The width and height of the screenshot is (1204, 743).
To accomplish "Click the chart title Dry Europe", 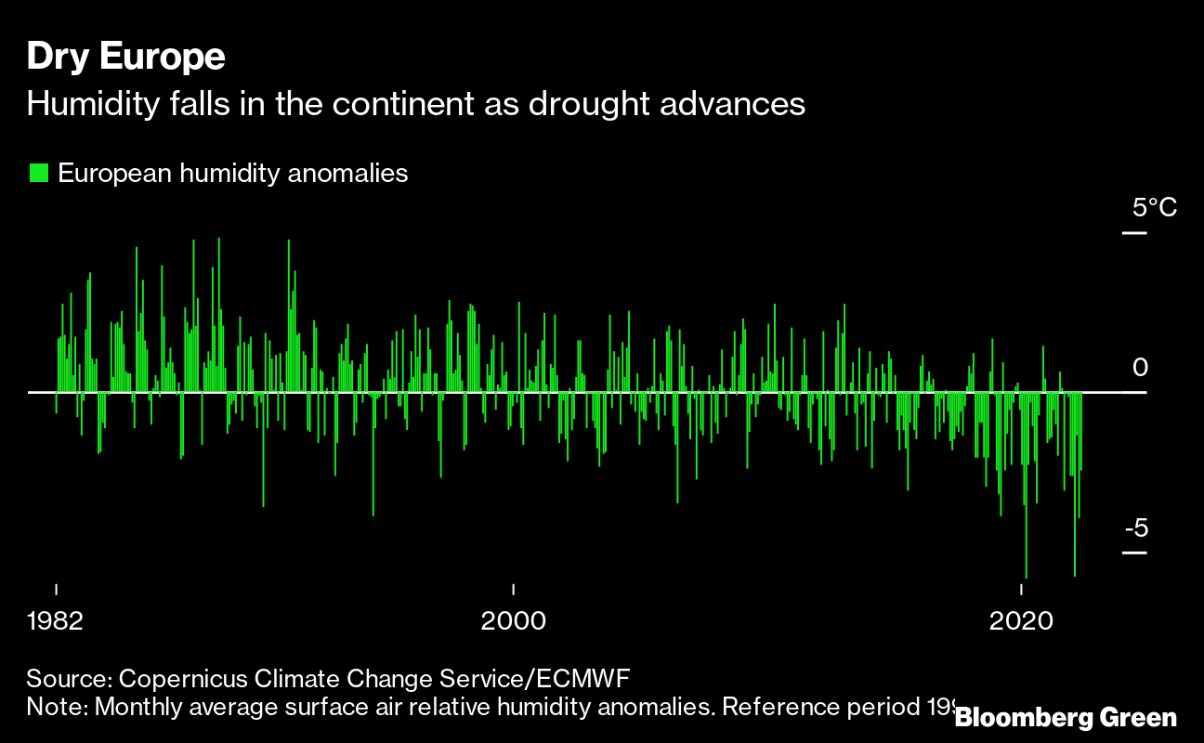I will (x=125, y=58).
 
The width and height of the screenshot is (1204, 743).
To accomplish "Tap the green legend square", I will (x=38, y=173).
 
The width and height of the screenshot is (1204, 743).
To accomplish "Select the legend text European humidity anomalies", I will (x=233, y=173).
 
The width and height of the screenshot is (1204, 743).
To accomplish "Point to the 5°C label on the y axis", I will (x=1154, y=207).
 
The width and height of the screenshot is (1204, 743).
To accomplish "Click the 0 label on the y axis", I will (x=1140, y=368).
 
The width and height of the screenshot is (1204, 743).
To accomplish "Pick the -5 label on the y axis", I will (x=1136, y=528).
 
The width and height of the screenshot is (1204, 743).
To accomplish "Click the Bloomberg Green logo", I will (x=1066, y=717).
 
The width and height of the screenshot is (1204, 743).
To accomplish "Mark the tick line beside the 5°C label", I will (x=1134, y=232).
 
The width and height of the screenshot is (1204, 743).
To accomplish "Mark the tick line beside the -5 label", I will (x=1134, y=553).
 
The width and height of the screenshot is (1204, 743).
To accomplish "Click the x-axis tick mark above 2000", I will (x=513, y=589).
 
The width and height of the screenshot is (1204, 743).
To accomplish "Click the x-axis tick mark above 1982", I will (x=57, y=589).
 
